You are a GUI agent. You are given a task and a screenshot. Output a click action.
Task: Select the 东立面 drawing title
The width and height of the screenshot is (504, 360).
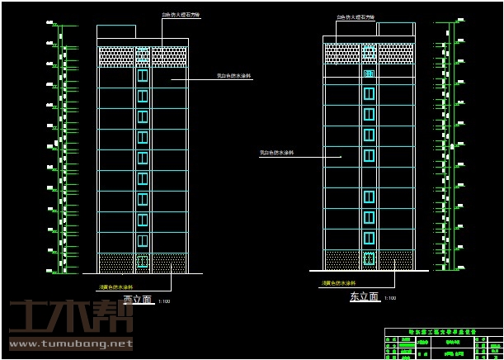coord(364,296)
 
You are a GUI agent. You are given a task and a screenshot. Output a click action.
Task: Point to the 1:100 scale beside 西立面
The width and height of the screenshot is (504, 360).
coord(163,301)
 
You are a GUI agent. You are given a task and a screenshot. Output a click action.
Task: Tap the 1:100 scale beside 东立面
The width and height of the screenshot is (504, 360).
coord(390,298)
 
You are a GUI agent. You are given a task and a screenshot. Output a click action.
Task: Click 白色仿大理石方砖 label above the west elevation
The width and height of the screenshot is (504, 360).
coord(181,16)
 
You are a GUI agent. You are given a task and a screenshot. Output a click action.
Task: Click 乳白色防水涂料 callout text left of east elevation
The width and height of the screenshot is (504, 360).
coord(277,153)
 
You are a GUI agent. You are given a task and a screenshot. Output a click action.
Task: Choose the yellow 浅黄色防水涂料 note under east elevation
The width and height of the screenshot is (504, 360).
coord(337,283)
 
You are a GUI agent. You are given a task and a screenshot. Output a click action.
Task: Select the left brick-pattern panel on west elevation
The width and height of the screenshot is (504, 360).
coord(115,56)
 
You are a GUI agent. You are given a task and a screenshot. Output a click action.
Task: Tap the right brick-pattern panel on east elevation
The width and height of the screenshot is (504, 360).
coord(395,54)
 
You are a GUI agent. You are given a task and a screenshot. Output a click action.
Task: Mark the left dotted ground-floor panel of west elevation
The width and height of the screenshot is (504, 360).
coord(116,263)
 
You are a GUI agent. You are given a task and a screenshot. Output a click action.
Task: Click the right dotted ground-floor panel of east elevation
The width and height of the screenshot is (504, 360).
coord(395,259)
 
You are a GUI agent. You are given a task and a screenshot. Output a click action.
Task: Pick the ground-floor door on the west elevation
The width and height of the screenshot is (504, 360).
coord(143,262)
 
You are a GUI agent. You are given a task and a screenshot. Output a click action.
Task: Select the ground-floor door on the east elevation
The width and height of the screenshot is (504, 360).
coord(369,258)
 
